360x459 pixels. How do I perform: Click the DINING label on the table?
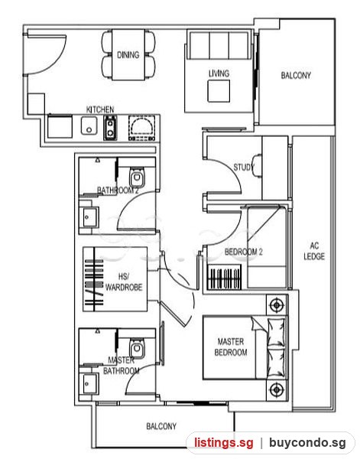tap(128, 55)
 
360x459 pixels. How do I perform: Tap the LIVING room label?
tap(219, 73)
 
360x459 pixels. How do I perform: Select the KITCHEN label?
tap(100, 109)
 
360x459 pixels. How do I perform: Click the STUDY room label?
tap(244, 167)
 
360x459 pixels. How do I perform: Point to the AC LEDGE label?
tap(314, 251)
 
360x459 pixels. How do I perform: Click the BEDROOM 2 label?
tap(243, 252)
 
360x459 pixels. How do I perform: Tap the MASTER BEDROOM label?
tap(231, 347)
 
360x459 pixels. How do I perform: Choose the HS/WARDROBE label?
tap(124, 282)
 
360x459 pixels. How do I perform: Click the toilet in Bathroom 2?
tap(137, 177)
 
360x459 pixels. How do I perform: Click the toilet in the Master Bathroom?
tap(137, 348)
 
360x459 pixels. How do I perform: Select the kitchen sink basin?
tap(89, 125)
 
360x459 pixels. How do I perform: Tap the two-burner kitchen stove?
tap(110, 127)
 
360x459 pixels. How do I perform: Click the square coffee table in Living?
tap(219, 91)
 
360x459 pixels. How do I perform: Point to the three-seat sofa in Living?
tap(219, 45)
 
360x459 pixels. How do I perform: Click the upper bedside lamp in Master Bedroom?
tap(276, 305)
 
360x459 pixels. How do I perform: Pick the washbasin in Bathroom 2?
tap(89, 217)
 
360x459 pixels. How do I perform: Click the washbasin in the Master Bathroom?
tap(89, 384)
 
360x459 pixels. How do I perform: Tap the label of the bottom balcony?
tap(161, 426)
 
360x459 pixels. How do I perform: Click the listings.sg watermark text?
tap(224, 442)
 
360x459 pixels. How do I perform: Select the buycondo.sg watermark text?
tap(307, 442)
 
